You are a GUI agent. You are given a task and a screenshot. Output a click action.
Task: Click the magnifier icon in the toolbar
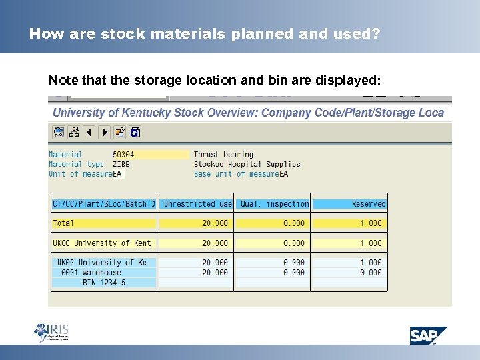(x=58, y=132)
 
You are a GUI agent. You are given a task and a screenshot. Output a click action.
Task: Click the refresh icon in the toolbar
(x=135, y=132)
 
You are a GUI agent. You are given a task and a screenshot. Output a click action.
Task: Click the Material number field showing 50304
(x=151, y=155)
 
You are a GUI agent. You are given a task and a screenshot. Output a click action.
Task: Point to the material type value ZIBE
(x=121, y=164)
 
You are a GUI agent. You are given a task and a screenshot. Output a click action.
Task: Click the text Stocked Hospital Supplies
(x=247, y=164)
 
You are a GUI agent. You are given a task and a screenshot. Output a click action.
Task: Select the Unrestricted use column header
(x=197, y=204)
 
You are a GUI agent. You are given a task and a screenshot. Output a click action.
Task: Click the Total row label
(x=64, y=223)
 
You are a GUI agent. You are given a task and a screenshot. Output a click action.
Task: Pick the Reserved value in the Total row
(x=371, y=223)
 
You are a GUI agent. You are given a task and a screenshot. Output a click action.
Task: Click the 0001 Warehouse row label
(x=91, y=272)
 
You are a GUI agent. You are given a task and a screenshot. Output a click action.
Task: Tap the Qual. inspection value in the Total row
(x=293, y=223)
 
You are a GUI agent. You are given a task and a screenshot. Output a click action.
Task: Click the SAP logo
(x=428, y=335)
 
